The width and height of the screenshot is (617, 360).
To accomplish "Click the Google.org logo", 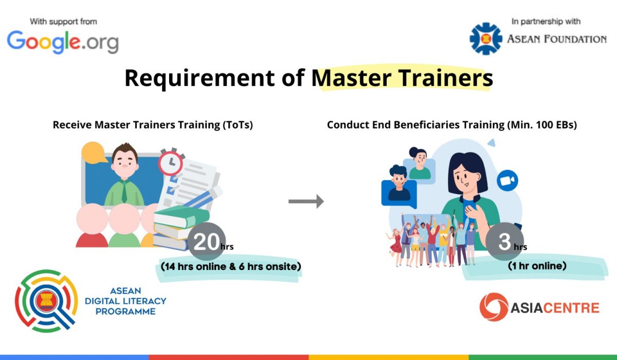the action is pos(63,42).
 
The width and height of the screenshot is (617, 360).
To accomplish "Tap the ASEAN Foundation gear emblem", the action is pos(486,39).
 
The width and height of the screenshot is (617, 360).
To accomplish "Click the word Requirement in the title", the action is pos(199,78).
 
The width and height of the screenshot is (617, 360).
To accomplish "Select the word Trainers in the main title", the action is pos(446,78).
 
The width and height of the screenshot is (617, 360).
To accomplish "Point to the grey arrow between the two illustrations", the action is pos(306,202).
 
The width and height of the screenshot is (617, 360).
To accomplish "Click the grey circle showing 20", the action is pos(207,242).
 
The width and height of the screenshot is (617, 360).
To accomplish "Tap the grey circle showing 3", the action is pos(504,241).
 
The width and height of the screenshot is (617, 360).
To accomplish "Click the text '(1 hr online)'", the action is pos(537,266).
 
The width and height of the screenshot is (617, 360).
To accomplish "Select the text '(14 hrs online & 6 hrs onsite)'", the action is pos(231,266).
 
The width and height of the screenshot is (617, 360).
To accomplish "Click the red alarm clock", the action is pos(171,162).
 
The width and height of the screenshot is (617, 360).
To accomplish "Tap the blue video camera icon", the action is pos(507,181).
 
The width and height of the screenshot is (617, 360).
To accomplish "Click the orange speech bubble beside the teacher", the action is pos(94,153).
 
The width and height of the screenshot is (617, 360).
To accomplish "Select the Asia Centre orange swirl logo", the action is pos(494,307).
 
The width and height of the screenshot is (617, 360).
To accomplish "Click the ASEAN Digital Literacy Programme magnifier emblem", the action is pos(46,301).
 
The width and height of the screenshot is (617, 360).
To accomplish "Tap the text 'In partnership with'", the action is pos(546,22).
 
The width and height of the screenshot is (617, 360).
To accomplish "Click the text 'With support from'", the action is pos(63,22).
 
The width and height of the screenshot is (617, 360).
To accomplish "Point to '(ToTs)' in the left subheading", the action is pos(238,125).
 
